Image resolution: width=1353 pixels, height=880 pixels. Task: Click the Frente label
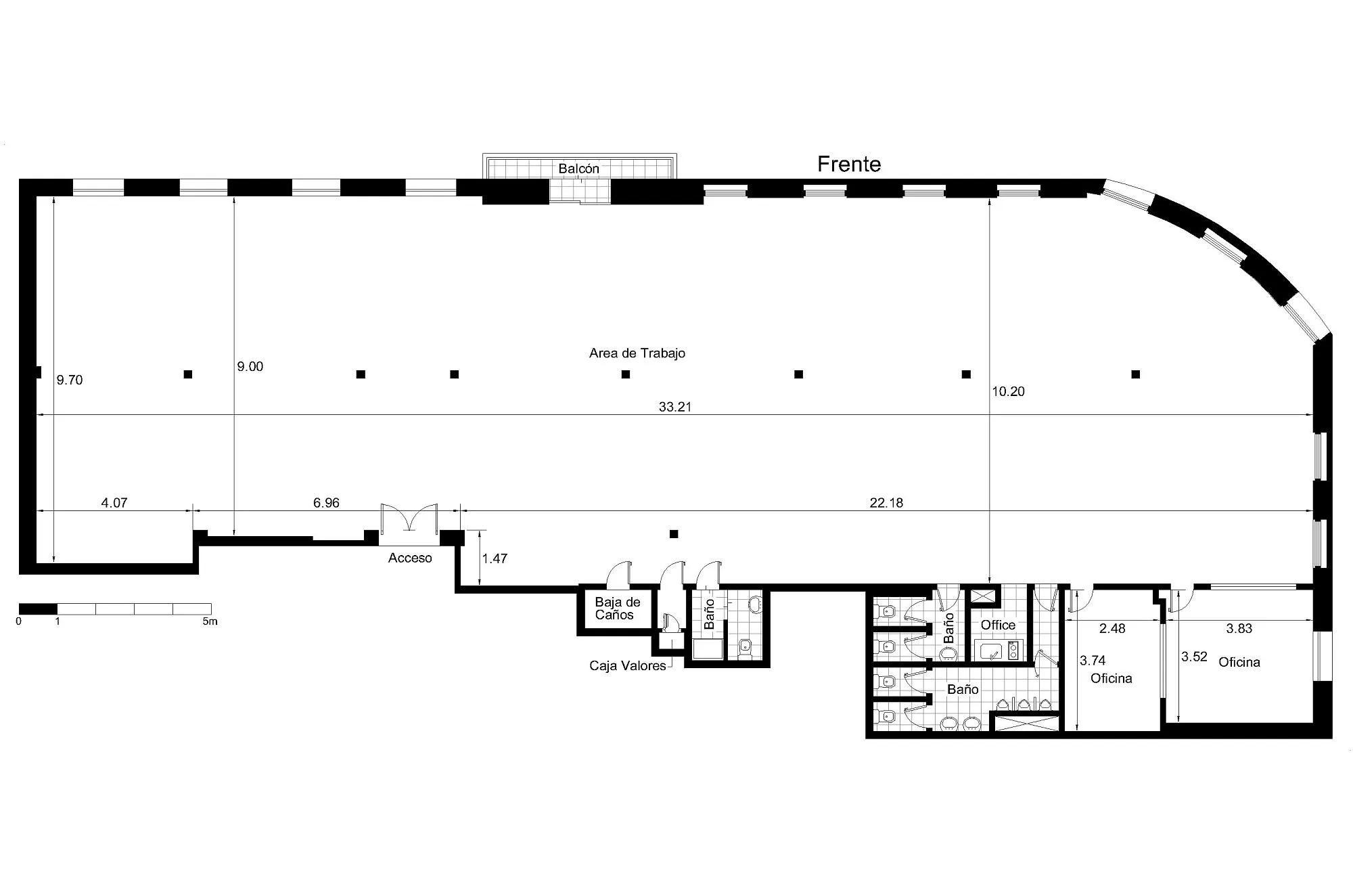849,164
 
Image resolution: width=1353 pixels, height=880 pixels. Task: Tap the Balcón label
578,169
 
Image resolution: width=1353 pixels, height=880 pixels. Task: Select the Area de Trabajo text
637,353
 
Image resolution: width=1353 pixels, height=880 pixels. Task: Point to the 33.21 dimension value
675,407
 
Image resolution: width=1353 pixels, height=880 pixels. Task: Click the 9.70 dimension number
70,380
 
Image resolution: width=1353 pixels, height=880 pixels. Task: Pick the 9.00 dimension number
250,367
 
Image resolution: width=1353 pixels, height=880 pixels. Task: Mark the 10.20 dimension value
1008,391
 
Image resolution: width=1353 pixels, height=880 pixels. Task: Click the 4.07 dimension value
114,503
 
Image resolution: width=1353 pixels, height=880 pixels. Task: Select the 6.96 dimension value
326,503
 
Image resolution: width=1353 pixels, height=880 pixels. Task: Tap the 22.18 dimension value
886,503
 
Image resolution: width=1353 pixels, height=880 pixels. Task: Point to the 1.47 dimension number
495,559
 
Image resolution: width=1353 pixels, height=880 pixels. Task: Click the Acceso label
410,558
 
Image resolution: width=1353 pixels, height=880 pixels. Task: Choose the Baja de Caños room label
617,609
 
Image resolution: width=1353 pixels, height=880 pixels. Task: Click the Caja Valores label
628,666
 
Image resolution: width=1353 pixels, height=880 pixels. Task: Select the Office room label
998,625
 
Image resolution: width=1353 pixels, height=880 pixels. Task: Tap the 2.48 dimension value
1112,629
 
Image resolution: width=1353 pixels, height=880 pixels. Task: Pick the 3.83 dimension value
1239,629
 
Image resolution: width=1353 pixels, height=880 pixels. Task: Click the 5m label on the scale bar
210,621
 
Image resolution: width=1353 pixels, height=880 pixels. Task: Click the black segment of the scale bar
38,609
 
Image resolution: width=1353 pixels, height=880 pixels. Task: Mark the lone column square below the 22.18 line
674,534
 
